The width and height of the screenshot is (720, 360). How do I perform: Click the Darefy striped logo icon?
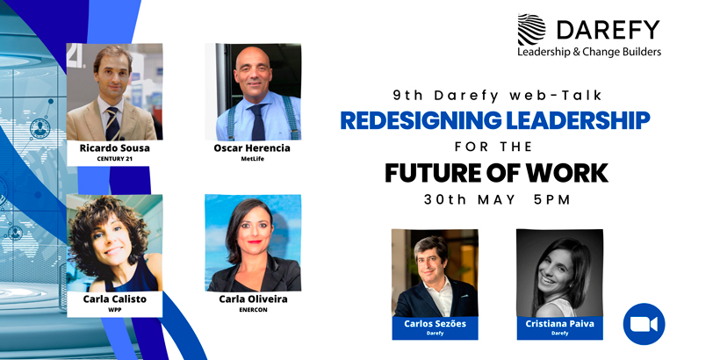532,30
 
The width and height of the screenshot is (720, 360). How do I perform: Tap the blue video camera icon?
644,324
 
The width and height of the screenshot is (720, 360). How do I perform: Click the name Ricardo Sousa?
115,148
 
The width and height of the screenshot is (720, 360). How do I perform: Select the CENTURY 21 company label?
115,159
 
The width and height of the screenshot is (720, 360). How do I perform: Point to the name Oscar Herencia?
252,148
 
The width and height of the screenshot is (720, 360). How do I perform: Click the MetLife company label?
252,159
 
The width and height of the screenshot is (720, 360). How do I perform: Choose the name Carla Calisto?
115,299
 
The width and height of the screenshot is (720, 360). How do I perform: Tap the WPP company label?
115,310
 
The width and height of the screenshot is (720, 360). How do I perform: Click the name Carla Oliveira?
253,299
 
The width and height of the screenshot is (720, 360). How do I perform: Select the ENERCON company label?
253,310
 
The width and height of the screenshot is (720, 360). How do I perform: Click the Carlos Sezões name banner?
435,328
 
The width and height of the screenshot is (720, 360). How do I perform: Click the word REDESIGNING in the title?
421,120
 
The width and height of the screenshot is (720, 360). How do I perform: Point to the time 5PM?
552,200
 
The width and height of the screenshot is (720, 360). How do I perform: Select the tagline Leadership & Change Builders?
589,52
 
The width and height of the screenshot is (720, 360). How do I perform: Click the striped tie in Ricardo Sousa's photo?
112,124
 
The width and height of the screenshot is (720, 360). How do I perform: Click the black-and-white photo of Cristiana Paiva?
559,273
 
